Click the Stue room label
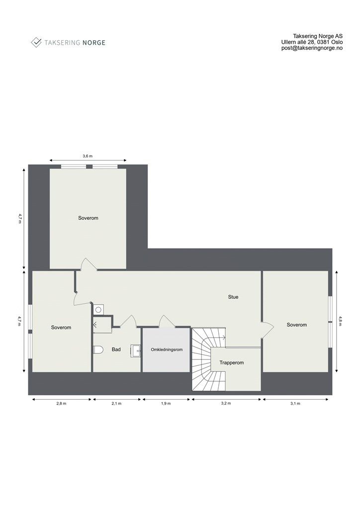point(233,297)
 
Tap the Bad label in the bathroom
point(116,350)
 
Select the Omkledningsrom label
point(167,350)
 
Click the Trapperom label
point(232,363)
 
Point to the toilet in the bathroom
point(97,350)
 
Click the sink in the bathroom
point(136,350)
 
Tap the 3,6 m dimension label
point(88,156)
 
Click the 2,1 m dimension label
point(117,404)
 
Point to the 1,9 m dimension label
point(166,404)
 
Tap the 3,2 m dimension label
point(226,404)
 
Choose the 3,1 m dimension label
point(295,404)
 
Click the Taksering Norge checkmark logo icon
point(36,42)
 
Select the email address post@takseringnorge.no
point(311,49)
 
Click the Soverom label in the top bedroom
point(88,218)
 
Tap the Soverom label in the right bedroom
point(297,325)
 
